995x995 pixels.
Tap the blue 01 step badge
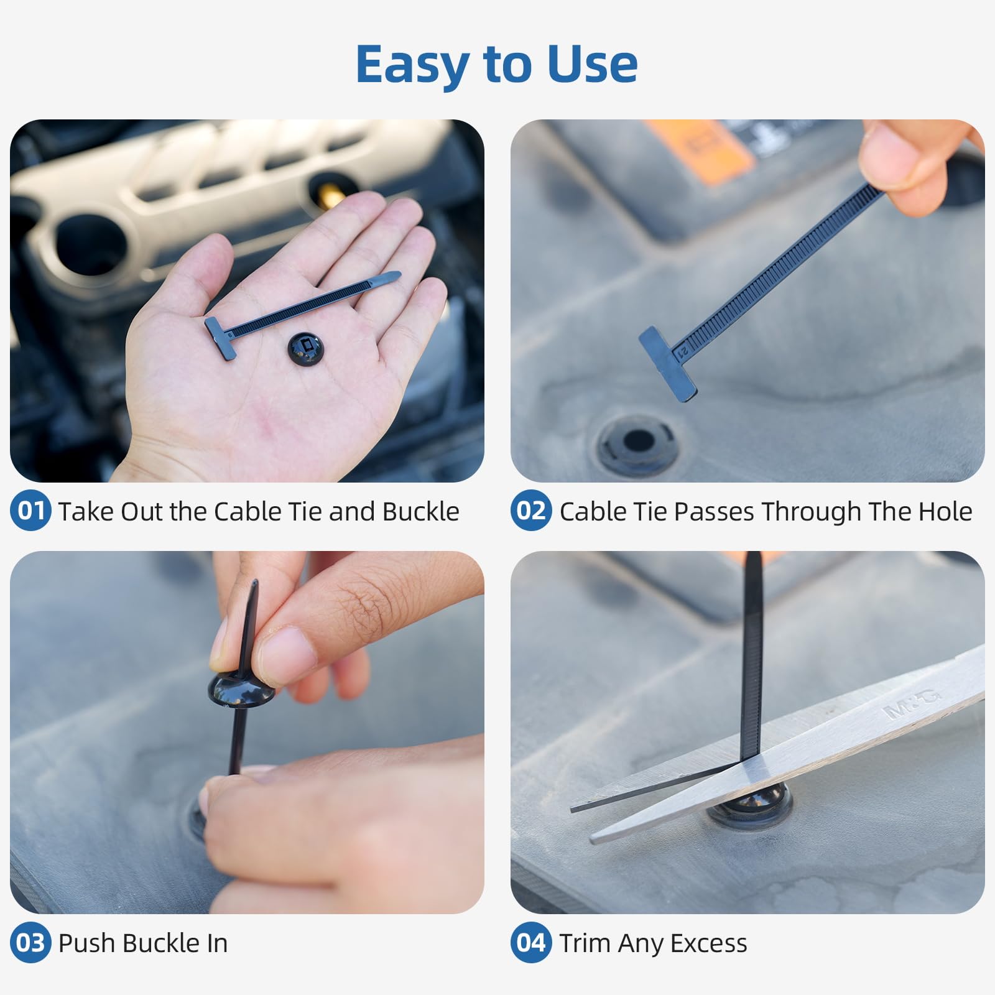[30, 511]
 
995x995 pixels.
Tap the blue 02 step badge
[530, 511]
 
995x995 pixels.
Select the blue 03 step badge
[30, 943]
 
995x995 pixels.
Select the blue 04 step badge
[530, 943]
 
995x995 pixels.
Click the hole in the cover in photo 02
[638, 442]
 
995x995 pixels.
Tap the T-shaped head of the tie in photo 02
[667, 364]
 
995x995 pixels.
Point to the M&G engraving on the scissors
[914, 703]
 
